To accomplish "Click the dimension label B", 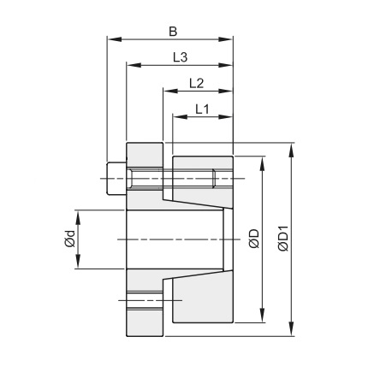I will tap(172, 32).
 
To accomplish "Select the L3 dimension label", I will tap(180, 57).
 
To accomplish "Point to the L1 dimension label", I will tap(202, 109).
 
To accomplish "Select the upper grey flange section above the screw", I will tap(143, 154).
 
